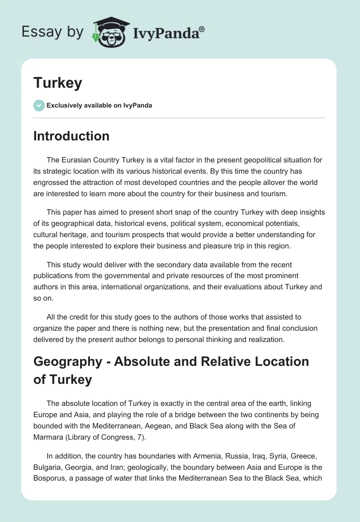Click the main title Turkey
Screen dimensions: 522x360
[x=58, y=83]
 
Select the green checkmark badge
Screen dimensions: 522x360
[x=39, y=105]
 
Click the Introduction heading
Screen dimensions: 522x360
[x=71, y=136]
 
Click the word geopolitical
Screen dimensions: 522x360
[x=246, y=160]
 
